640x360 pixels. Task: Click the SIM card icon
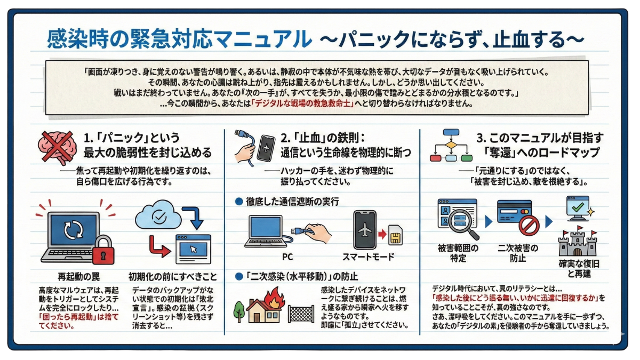click(x=396, y=235)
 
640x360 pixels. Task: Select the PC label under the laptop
click(x=287, y=257)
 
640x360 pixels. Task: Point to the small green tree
click(x=239, y=309)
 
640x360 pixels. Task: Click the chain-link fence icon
click(x=301, y=314)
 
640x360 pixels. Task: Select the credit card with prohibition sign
click(x=514, y=217)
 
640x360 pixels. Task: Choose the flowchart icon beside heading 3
click(x=451, y=145)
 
